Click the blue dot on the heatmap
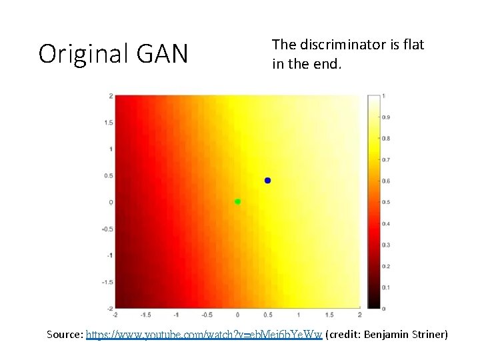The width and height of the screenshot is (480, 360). [267, 181]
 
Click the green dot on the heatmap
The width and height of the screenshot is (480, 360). [237, 201]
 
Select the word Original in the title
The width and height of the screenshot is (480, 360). [83, 54]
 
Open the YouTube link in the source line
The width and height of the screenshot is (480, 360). [204, 334]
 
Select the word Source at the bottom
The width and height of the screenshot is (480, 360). [64, 334]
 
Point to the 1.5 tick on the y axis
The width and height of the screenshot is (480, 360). [109, 123]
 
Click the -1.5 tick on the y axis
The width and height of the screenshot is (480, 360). [107, 282]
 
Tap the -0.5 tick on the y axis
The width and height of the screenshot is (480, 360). [107, 229]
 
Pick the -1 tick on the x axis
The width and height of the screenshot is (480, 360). [176, 315]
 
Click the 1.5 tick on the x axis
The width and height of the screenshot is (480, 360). [329, 315]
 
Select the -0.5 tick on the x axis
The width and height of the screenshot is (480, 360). [207, 315]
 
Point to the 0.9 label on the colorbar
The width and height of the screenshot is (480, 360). [385, 117]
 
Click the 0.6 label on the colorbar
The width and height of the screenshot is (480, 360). [385, 181]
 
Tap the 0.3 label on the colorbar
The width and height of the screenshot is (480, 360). [385, 245]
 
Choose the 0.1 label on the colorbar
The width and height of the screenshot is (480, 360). [385, 287]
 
